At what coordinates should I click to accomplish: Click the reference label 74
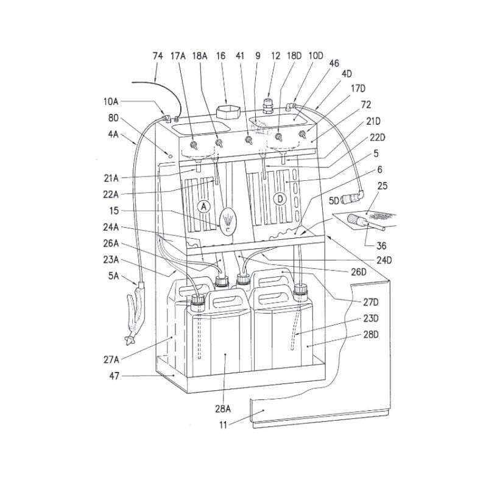pos(158,56)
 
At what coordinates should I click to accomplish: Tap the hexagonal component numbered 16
pos(228,112)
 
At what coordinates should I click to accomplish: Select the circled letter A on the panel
pos(203,206)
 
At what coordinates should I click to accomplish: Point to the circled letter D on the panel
pos(280,199)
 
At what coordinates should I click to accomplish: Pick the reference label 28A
pos(223,408)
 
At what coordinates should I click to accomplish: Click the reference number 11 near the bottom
pos(224,424)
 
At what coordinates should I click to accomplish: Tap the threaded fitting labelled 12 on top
pos(267,106)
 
